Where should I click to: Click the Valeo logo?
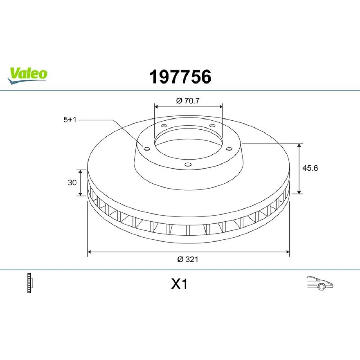pyautogui.click(x=27, y=76)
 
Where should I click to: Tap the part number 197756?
pyautogui.click(x=180, y=77)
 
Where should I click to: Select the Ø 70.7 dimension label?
pyautogui.click(x=188, y=101)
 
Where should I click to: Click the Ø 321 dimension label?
pyautogui.click(x=188, y=259)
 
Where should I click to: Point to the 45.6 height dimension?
pyautogui.click(x=310, y=168)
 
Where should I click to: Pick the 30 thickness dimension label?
pyautogui.click(x=72, y=183)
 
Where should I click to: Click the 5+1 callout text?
pyautogui.click(x=70, y=120)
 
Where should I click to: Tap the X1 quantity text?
pyautogui.click(x=179, y=284)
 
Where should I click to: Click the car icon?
pyautogui.click(x=320, y=283)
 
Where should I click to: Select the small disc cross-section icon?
pyautogui.click(x=30, y=283)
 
